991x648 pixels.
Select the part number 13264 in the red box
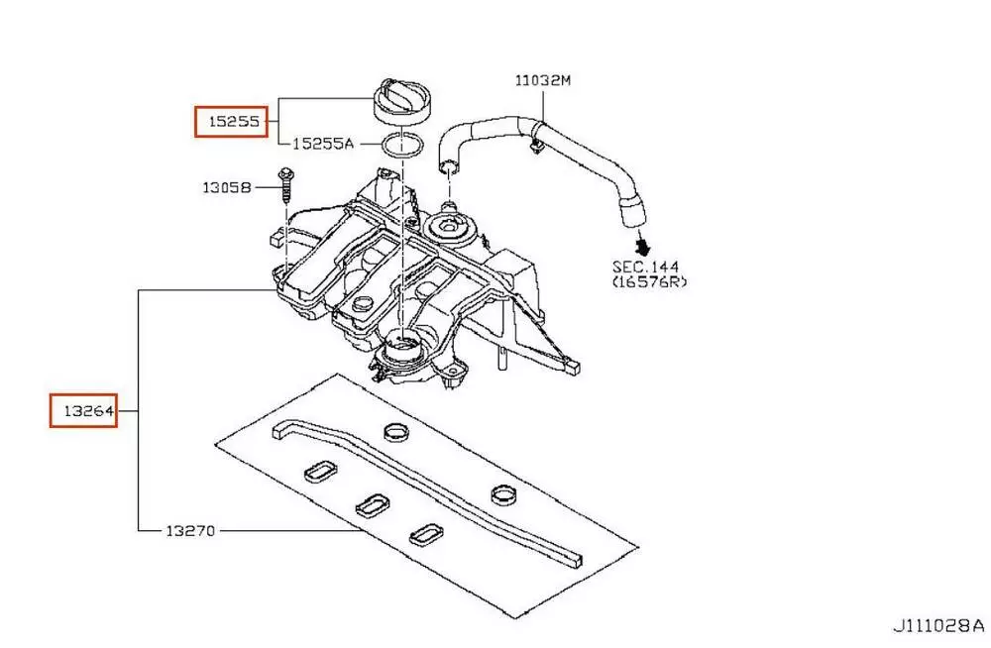point(85,409)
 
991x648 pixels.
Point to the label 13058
point(228,186)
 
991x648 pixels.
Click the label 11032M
point(542,80)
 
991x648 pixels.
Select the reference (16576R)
point(648,282)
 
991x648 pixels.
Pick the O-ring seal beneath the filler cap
point(401,147)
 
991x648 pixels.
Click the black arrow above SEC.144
point(643,244)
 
